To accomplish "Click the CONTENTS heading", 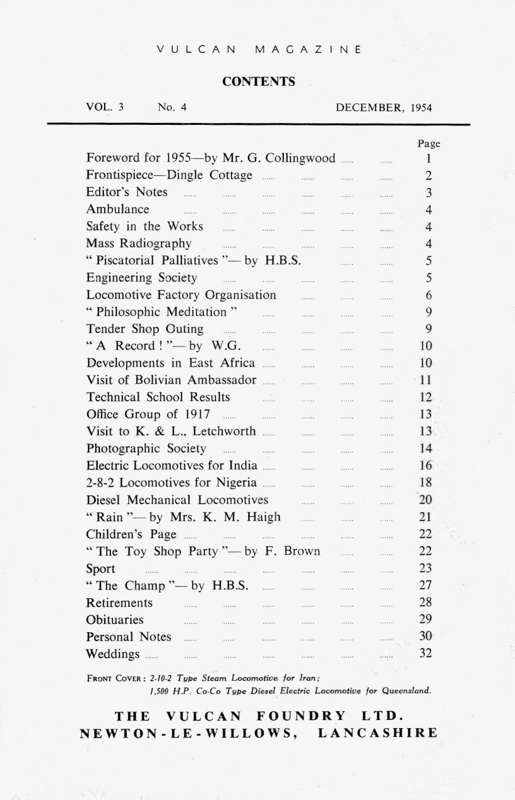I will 259,81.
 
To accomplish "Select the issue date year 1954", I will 421,107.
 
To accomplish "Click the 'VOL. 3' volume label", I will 105,107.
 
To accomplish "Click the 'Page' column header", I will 429,144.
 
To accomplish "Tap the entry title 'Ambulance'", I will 118,209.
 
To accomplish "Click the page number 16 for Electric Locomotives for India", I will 425,466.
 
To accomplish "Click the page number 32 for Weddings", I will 425,654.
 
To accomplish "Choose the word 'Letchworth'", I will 224,432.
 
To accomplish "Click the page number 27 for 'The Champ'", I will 425,585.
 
